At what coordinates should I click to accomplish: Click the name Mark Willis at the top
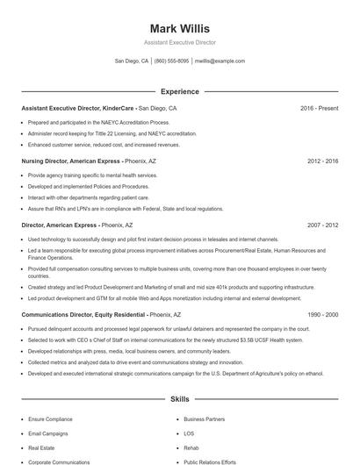coord(179,28)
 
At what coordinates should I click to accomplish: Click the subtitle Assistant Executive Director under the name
coord(179,42)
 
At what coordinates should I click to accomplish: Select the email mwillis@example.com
coord(220,61)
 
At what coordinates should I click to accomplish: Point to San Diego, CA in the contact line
coord(132,61)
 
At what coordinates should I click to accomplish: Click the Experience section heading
coord(179,91)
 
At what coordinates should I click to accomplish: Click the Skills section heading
coord(179,398)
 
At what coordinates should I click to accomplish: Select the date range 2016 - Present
coord(319,109)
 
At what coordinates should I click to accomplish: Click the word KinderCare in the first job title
coord(119,109)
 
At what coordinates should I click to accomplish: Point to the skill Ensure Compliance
coord(51,420)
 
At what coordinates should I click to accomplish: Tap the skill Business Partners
coord(205,420)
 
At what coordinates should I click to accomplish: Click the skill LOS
coord(189,433)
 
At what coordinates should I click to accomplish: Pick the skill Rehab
coord(191,447)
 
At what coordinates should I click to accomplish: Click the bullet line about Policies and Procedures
coord(88,186)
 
